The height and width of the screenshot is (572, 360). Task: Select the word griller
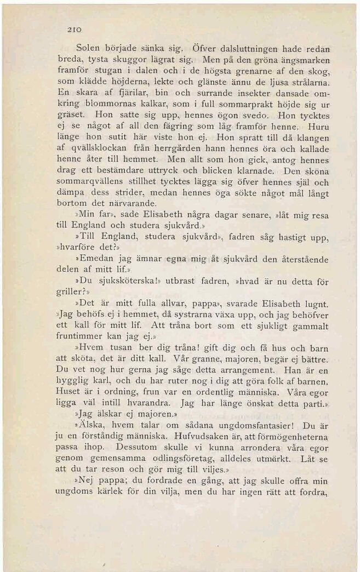(x=71, y=293)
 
